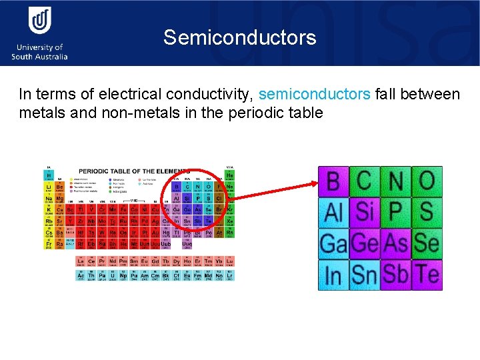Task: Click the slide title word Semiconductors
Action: pos(239,37)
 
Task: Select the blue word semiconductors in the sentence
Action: pos(314,94)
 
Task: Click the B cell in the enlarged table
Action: pos(333,181)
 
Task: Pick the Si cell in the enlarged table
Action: pos(364,213)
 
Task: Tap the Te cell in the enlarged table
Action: pos(427,275)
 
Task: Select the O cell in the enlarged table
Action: pos(427,181)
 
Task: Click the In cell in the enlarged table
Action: pos(333,275)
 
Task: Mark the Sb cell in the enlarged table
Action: pos(395,275)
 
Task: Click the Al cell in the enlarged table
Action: pos(333,213)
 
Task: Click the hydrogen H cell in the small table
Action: pos(49,175)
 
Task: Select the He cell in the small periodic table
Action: pos(230,175)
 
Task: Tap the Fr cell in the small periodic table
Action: pos(49,244)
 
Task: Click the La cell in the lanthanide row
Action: pos(81,262)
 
